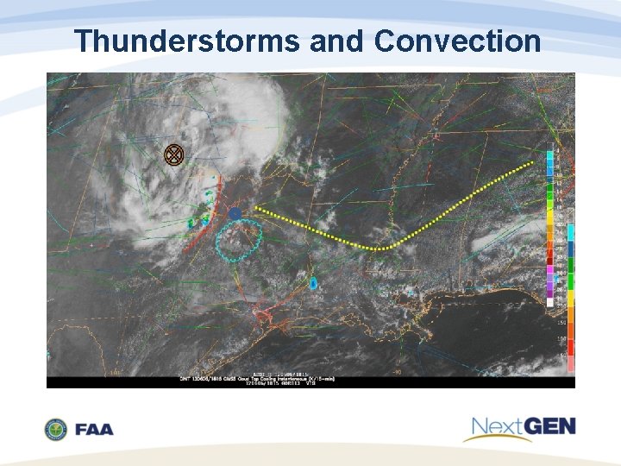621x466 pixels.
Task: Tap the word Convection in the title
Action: click(458, 41)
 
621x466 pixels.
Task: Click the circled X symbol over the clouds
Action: click(174, 154)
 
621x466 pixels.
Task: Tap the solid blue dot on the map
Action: click(235, 212)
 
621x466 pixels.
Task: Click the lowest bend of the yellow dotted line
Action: click(379, 249)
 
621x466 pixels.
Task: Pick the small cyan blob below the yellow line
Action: click(313, 283)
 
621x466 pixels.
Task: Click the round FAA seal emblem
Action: click(55, 429)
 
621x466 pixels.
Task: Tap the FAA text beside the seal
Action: click(93, 429)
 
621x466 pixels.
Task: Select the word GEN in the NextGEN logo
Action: click(549, 425)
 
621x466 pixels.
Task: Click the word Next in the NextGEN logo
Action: click(498, 426)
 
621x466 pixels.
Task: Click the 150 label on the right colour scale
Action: click(561, 322)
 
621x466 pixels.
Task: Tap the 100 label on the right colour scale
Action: click(561, 339)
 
